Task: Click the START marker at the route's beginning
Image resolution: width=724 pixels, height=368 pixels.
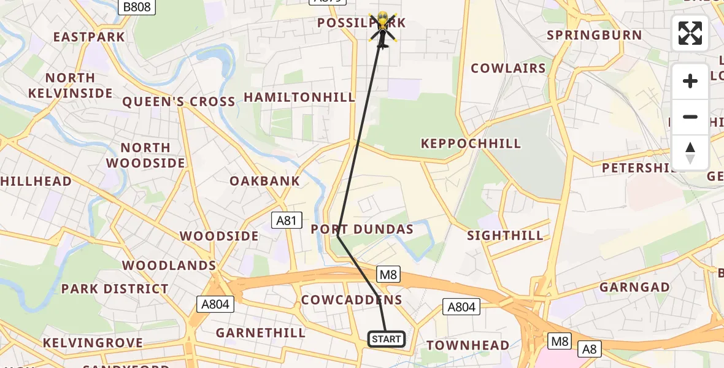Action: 387,339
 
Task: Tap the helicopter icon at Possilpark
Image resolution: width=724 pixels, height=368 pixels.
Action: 382,28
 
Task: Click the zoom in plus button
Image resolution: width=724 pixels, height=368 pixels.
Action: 690,81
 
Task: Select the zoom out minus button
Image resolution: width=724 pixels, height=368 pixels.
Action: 690,117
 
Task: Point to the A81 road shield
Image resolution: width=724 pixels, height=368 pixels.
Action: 286,220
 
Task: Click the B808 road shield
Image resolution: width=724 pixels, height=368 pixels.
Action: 137,7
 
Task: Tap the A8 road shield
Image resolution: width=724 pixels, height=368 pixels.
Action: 589,349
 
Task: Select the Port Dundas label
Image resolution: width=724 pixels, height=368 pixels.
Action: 362,229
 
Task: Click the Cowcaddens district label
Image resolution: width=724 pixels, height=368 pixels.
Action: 352,300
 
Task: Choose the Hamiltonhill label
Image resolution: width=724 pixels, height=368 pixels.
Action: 299,98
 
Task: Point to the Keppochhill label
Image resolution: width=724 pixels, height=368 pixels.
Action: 471,144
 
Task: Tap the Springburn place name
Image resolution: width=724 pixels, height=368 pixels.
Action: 594,35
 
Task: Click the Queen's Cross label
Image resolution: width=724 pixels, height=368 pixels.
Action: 179,102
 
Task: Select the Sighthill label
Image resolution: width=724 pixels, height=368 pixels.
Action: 505,236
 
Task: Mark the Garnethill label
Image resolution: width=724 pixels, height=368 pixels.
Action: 261,333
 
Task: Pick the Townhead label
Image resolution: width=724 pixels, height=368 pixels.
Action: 468,345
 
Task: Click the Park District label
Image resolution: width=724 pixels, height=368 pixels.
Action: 115,289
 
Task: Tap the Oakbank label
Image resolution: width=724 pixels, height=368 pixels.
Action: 265,181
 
